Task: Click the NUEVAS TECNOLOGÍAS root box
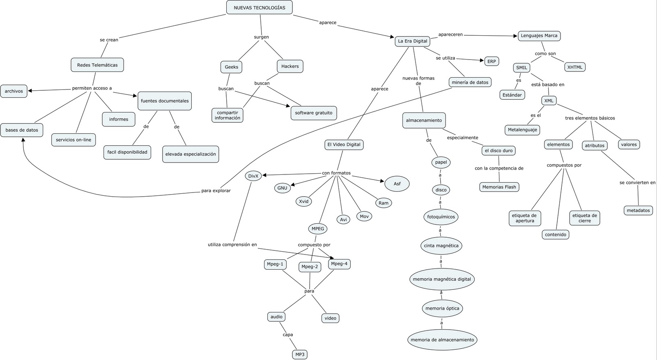[x=259, y=7]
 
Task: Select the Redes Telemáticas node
[x=97, y=65]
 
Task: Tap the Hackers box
[x=290, y=66]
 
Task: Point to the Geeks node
[x=231, y=67]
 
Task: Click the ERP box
[x=492, y=61]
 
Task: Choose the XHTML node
[x=574, y=67]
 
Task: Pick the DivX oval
[x=253, y=176]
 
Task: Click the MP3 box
[x=300, y=354]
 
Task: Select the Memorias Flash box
[x=499, y=187]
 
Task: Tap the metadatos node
[x=638, y=210]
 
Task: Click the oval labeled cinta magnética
[x=441, y=245]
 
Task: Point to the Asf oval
[x=397, y=183]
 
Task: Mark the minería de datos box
[x=470, y=82]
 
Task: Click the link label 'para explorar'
[x=216, y=190]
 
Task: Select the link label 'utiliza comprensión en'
[x=232, y=244]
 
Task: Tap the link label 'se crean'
[x=109, y=40]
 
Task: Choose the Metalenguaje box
[x=522, y=130]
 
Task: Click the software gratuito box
[x=314, y=113]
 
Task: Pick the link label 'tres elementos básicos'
[x=590, y=118]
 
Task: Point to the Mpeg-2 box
[x=310, y=266]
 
